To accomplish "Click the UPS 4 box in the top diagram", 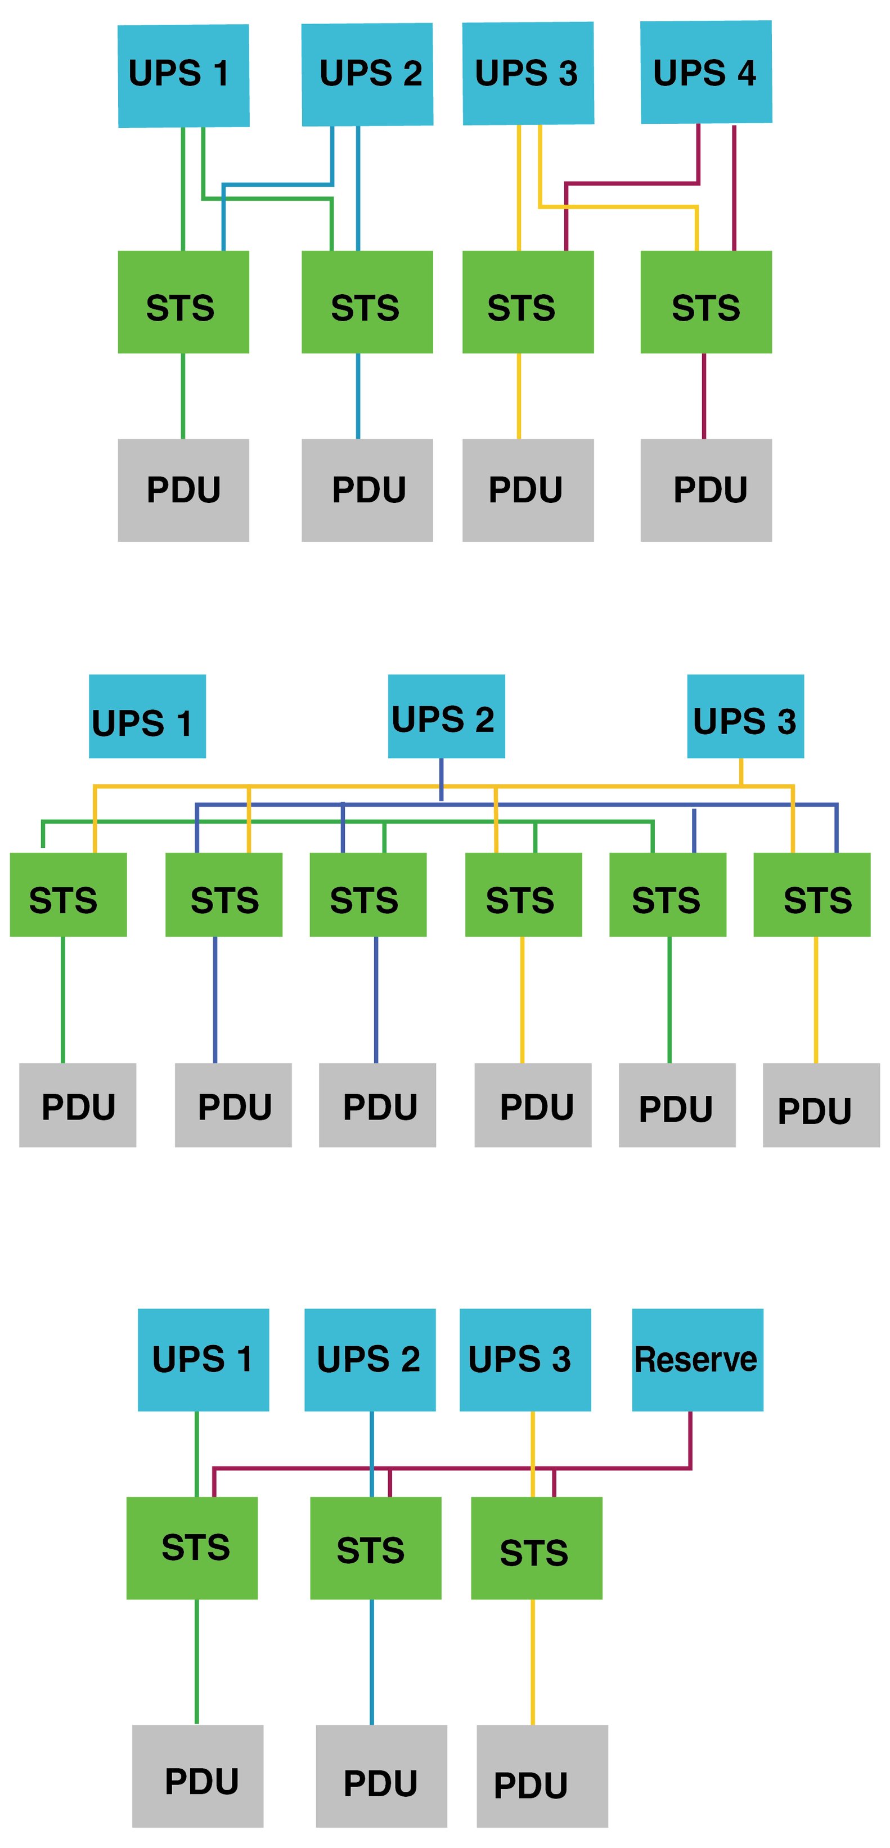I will [705, 72].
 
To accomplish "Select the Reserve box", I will [697, 1360].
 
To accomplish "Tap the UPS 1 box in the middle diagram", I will [147, 716].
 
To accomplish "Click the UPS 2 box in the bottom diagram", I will [370, 1360].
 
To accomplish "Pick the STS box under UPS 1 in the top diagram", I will [183, 302].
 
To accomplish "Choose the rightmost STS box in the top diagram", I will [705, 302].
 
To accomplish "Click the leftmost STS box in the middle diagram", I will [68, 894].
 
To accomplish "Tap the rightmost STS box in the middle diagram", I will [812, 894].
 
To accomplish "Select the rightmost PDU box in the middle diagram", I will [821, 1105].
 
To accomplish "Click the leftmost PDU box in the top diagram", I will [183, 490].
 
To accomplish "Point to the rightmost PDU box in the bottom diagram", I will [542, 1775].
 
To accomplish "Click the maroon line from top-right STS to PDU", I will [704, 396].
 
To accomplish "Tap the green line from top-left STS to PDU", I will [183, 396].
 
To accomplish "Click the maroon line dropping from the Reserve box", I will [690, 1438].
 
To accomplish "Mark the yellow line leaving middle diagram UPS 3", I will [741, 771].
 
